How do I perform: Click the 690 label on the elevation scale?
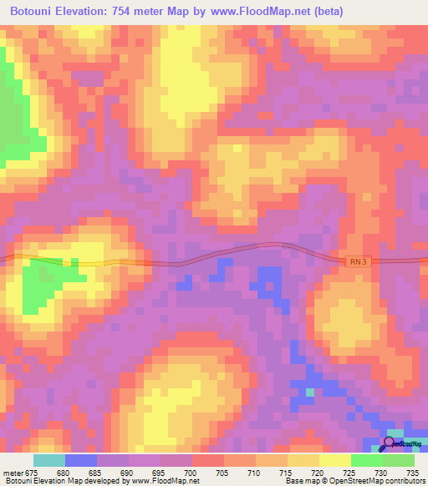pyautogui.click(x=129, y=473)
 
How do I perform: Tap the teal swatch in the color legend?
pyautogui.click(x=49, y=460)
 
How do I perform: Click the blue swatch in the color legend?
pyautogui.click(x=81, y=460)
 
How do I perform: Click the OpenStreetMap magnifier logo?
pyautogui.click(x=389, y=443)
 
